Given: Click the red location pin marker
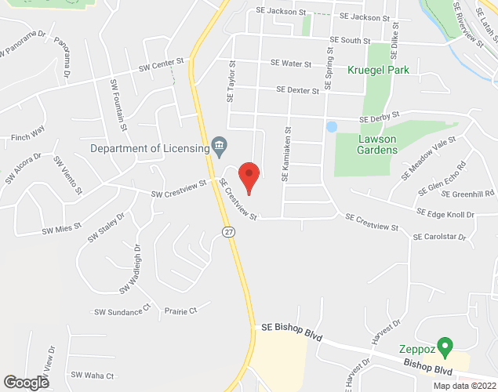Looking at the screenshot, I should click(249, 176).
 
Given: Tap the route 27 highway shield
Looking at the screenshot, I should click(227, 232).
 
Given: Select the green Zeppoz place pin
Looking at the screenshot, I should click(445, 346).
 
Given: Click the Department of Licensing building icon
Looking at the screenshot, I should click(219, 146).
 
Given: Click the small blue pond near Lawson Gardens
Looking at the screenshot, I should click(332, 126).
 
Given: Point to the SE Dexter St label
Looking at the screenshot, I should click(292, 90).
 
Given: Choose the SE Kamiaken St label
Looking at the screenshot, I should click(288, 155).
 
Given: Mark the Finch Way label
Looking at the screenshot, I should click(27, 138).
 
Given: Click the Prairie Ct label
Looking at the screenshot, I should click(180, 311).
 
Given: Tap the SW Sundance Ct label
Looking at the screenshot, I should click(122, 311).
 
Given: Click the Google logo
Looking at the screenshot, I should click(25, 383).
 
